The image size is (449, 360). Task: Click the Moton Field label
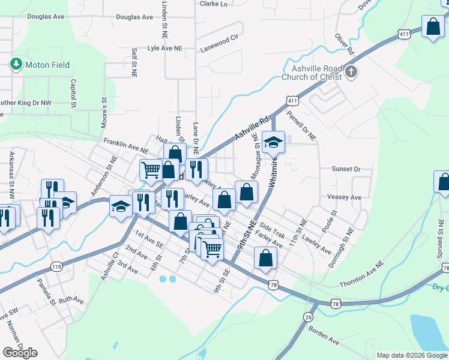click(47, 65)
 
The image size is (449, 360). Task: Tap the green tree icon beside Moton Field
click(16, 64)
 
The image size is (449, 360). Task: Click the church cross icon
click(351, 73)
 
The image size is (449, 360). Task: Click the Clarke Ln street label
click(214, 4)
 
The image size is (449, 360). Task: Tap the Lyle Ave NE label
click(164, 47)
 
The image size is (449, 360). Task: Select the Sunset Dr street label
click(346, 169)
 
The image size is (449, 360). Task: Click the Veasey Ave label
click(344, 197)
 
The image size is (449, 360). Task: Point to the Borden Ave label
click(324, 335)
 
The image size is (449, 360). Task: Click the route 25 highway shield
click(308, 316)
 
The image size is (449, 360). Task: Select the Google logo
click(20, 353)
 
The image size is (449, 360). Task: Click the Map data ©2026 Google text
click(412, 355)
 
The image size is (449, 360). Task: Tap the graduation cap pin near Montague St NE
click(274, 142)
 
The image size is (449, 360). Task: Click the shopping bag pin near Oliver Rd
click(432, 27)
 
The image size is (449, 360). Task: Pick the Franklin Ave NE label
click(125, 145)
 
